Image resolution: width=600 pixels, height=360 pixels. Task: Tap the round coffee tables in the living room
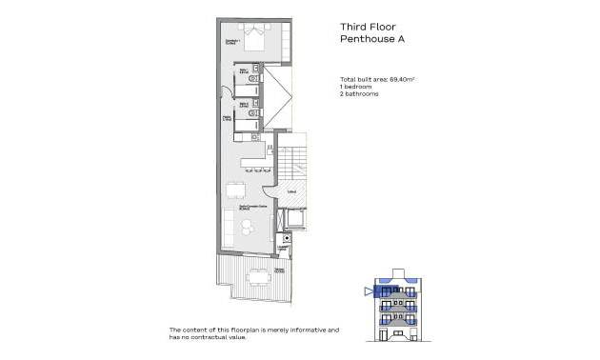(x=248, y=227)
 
